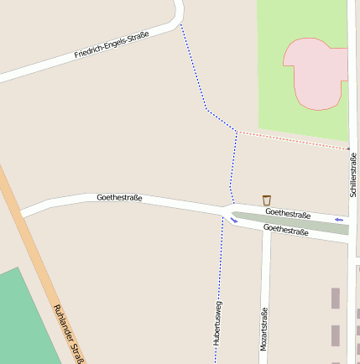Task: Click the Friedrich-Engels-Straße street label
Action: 112,44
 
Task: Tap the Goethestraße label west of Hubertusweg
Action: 119,198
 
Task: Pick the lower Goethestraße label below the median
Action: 285,229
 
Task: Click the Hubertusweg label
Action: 218,323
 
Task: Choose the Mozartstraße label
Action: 263,328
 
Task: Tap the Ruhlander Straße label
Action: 70,334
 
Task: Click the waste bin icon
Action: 267,200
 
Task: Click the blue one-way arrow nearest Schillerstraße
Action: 339,220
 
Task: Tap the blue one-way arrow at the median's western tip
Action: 233,221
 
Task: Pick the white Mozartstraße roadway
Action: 265,277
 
